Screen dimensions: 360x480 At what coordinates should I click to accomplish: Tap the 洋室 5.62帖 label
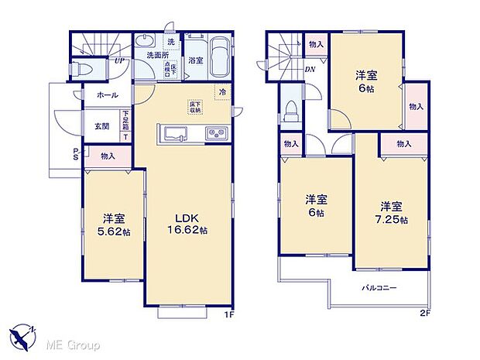click(114, 224)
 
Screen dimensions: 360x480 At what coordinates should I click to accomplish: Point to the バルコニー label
click(379, 288)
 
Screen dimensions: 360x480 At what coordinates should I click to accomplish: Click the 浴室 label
click(195, 60)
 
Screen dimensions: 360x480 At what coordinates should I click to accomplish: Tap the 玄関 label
click(102, 125)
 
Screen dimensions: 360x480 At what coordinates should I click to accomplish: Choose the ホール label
click(108, 94)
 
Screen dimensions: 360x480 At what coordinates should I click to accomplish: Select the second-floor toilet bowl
click(289, 111)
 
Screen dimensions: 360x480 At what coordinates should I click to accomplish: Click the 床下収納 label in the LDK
click(194, 108)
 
